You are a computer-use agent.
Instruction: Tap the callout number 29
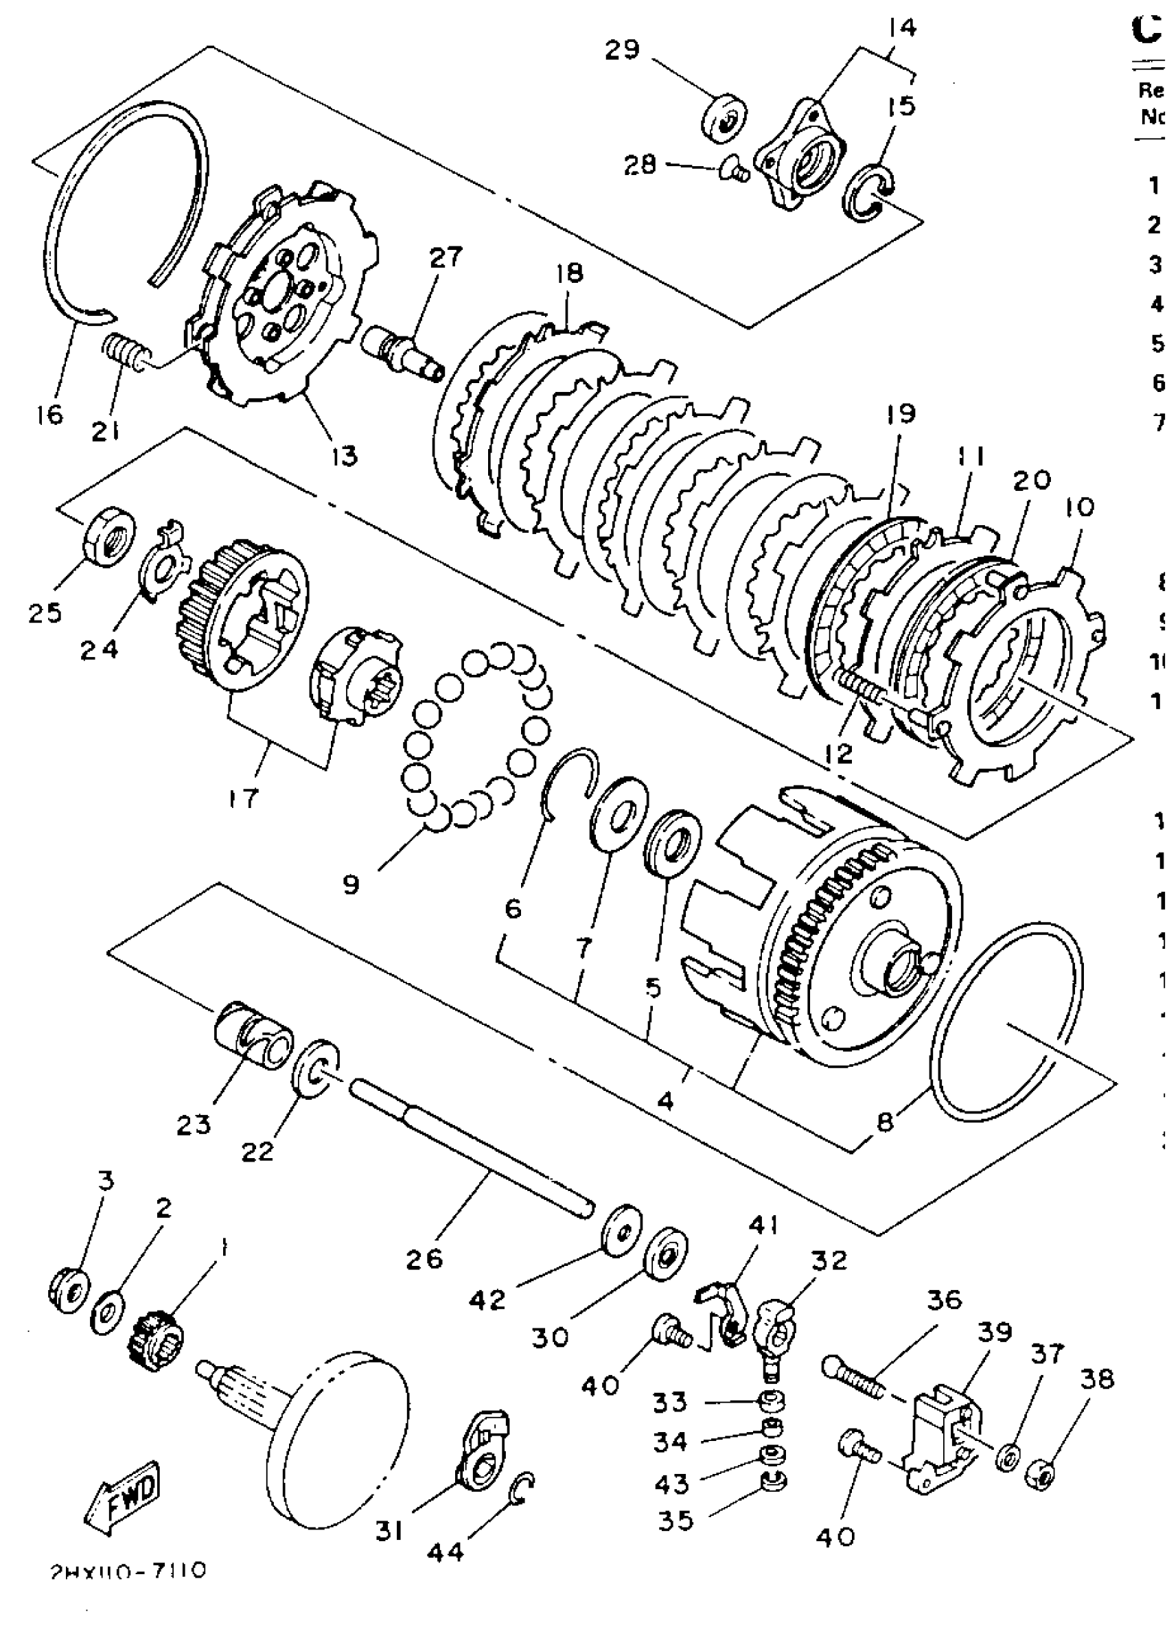pos(621,49)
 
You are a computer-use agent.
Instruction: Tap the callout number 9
pos(351,884)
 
